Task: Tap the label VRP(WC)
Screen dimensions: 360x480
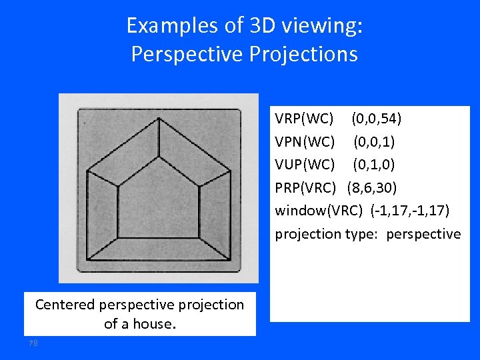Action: [x=305, y=119]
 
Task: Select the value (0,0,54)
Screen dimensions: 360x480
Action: [x=376, y=119]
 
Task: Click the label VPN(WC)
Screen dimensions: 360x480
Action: [x=305, y=142]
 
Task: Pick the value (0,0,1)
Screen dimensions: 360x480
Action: [x=373, y=142]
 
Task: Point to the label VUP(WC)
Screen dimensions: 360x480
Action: [x=305, y=165]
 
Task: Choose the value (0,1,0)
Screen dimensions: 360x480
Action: [x=373, y=165]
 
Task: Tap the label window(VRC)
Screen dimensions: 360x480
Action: [x=319, y=211]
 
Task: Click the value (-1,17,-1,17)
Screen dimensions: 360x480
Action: [x=410, y=211]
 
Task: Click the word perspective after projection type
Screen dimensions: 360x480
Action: [x=423, y=234]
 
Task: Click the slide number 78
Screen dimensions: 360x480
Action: [x=33, y=343]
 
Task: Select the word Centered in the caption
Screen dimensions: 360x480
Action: [x=65, y=305]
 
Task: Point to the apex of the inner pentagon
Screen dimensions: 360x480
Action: [x=159, y=159]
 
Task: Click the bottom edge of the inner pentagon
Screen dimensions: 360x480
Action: [x=159, y=237]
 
